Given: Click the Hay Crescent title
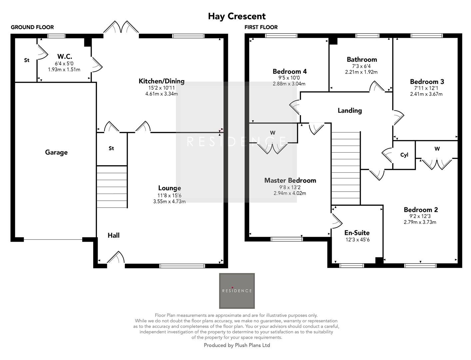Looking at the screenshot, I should (x=236, y=16).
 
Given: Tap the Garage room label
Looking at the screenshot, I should (x=56, y=152).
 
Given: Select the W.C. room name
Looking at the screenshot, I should (x=64, y=56).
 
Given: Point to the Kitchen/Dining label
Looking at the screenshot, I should (x=161, y=81).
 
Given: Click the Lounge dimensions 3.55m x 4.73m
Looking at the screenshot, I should (x=169, y=201).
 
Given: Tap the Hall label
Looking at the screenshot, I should (x=113, y=235).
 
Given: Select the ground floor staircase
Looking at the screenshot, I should (x=112, y=187).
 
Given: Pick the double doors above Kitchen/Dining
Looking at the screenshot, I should (x=121, y=27).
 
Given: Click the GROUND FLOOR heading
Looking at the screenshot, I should (x=32, y=27).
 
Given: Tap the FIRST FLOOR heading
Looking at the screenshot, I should (x=261, y=27).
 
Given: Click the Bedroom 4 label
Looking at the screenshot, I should (x=289, y=71).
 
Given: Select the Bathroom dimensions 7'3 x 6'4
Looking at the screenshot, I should (x=361, y=66).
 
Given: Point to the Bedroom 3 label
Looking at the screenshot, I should (x=427, y=82).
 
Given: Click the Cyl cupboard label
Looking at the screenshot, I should (x=404, y=155).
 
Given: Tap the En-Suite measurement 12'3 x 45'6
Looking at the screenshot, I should (x=357, y=240).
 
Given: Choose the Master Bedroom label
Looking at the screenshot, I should (x=290, y=180).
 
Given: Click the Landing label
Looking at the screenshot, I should (x=349, y=110).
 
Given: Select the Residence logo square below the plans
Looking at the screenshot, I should (x=237, y=291).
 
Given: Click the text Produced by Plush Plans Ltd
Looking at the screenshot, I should (x=237, y=345).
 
